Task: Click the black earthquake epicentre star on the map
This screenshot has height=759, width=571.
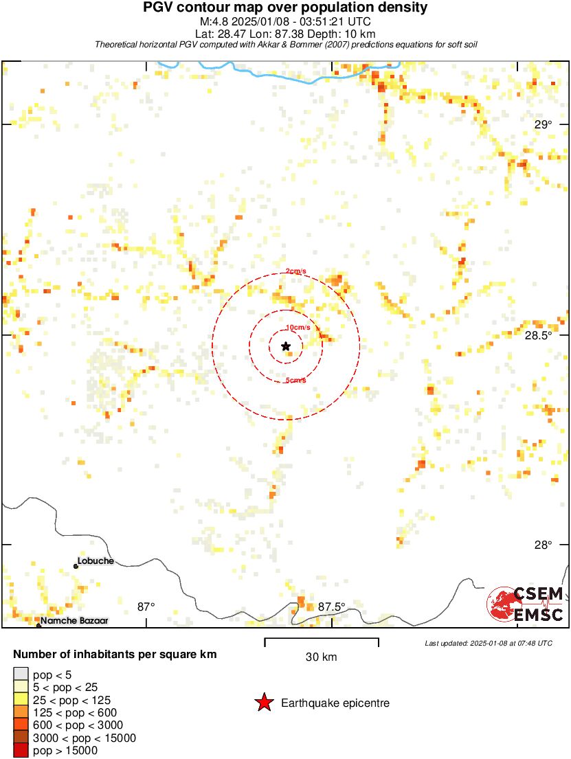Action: click(x=286, y=346)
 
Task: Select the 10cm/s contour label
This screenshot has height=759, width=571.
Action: click(x=298, y=328)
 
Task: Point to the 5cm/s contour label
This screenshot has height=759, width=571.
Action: click(x=295, y=381)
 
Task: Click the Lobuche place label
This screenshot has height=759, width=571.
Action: click(x=96, y=561)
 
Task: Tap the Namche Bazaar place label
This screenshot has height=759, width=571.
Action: click(x=74, y=621)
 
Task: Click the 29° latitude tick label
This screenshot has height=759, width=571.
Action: click(x=544, y=124)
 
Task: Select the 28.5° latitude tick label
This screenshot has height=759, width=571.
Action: click(x=538, y=335)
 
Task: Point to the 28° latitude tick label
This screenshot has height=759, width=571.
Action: click(x=544, y=545)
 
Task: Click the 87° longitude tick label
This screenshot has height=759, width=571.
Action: click(x=146, y=607)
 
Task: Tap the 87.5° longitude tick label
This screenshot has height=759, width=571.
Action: click(x=332, y=607)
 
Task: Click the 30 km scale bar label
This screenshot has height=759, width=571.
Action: click(x=321, y=657)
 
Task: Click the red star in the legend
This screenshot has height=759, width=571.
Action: click(x=264, y=703)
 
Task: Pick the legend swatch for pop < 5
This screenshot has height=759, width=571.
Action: click(x=21, y=675)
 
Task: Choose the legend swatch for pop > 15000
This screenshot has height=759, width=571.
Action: click(x=21, y=751)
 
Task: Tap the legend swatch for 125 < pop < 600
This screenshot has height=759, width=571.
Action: click(x=21, y=712)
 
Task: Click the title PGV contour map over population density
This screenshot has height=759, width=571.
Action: click(x=285, y=8)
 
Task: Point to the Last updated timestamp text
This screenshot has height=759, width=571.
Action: click(x=489, y=643)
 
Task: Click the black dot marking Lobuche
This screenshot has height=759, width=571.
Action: click(x=76, y=566)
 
